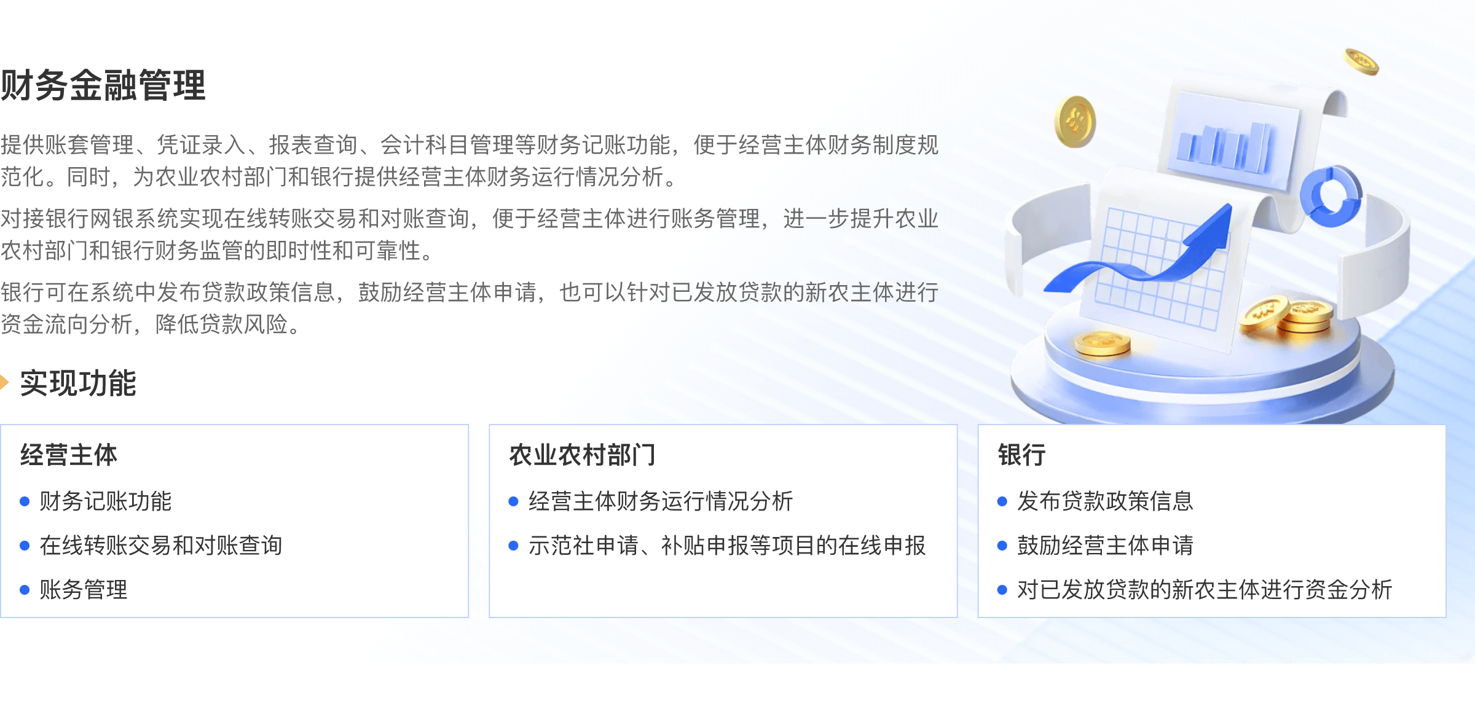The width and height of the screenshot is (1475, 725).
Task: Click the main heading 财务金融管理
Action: (x=103, y=85)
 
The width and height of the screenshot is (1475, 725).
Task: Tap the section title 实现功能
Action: (x=78, y=383)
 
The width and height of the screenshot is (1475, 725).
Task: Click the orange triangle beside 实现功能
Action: (x=4, y=383)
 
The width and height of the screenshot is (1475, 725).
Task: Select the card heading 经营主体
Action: (x=69, y=455)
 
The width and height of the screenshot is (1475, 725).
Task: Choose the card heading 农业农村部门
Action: (x=583, y=455)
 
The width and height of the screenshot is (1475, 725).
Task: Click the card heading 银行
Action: (x=1022, y=455)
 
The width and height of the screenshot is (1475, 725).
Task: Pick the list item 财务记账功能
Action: (x=106, y=501)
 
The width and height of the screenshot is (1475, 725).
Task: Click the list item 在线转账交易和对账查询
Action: (x=161, y=546)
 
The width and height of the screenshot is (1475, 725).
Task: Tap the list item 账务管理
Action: (x=84, y=590)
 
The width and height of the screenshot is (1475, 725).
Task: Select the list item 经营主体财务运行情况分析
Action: (x=661, y=501)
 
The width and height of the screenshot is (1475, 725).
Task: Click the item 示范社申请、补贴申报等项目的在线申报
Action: (x=727, y=546)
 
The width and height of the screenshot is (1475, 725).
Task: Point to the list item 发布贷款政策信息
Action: (x=1105, y=501)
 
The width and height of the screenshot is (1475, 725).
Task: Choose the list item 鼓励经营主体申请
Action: (x=1105, y=546)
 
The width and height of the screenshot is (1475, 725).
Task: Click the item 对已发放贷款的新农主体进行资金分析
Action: (x=1205, y=590)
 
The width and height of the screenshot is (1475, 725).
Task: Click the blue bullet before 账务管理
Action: (x=25, y=590)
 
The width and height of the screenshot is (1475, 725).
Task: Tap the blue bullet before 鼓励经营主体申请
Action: (x=1002, y=546)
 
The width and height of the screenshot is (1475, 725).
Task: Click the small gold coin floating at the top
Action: (x=1361, y=62)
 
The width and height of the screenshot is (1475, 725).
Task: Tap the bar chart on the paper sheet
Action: (x=1223, y=147)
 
